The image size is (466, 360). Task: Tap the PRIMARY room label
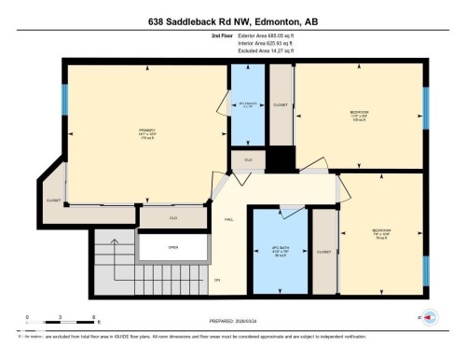[x=147, y=132]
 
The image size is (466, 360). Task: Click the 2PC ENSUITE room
[x=247, y=105]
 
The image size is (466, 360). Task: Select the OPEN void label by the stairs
[x=172, y=247]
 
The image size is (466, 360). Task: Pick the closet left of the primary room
[x=53, y=199]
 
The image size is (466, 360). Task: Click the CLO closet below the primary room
[x=173, y=217]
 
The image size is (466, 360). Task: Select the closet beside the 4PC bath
[x=323, y=252]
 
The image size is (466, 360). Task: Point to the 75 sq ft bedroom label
[x=381, y=232]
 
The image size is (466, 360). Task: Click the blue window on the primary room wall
[x=65, y=99]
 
